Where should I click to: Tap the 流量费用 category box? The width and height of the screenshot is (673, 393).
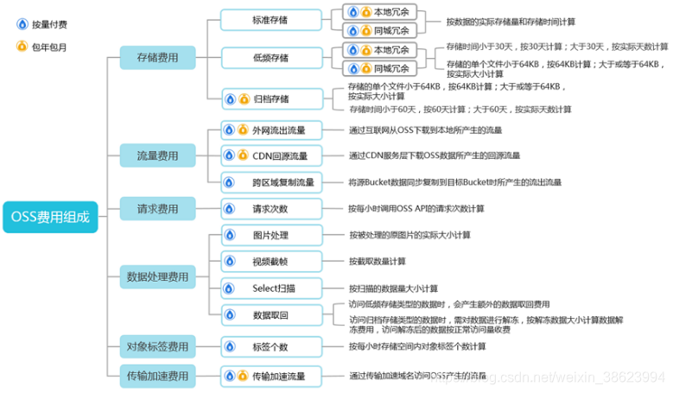pos(157,156)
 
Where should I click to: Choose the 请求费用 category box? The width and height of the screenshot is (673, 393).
pos(157,209)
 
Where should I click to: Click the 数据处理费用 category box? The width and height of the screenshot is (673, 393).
pos(157,277)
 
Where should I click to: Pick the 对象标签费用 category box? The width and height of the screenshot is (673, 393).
pos(157,346)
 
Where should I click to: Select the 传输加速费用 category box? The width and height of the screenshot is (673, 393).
pos(157,377)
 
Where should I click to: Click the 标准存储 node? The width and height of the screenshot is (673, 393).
pos(270,19)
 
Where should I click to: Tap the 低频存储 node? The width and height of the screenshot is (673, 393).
pos(270,58)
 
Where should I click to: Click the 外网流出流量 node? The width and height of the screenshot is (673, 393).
pos(270,130)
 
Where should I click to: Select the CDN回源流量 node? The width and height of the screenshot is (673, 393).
pos(270,155)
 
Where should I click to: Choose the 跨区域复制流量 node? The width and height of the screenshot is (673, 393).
pos(270,182)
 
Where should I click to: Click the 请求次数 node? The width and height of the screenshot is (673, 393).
pos(270,209)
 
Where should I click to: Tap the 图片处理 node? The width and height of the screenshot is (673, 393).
pos(270,235)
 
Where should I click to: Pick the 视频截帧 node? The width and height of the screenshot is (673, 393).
pos(270,261)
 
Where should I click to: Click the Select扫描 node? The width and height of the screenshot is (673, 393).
pos(270,288)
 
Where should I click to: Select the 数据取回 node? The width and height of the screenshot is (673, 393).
pos(270,314)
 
